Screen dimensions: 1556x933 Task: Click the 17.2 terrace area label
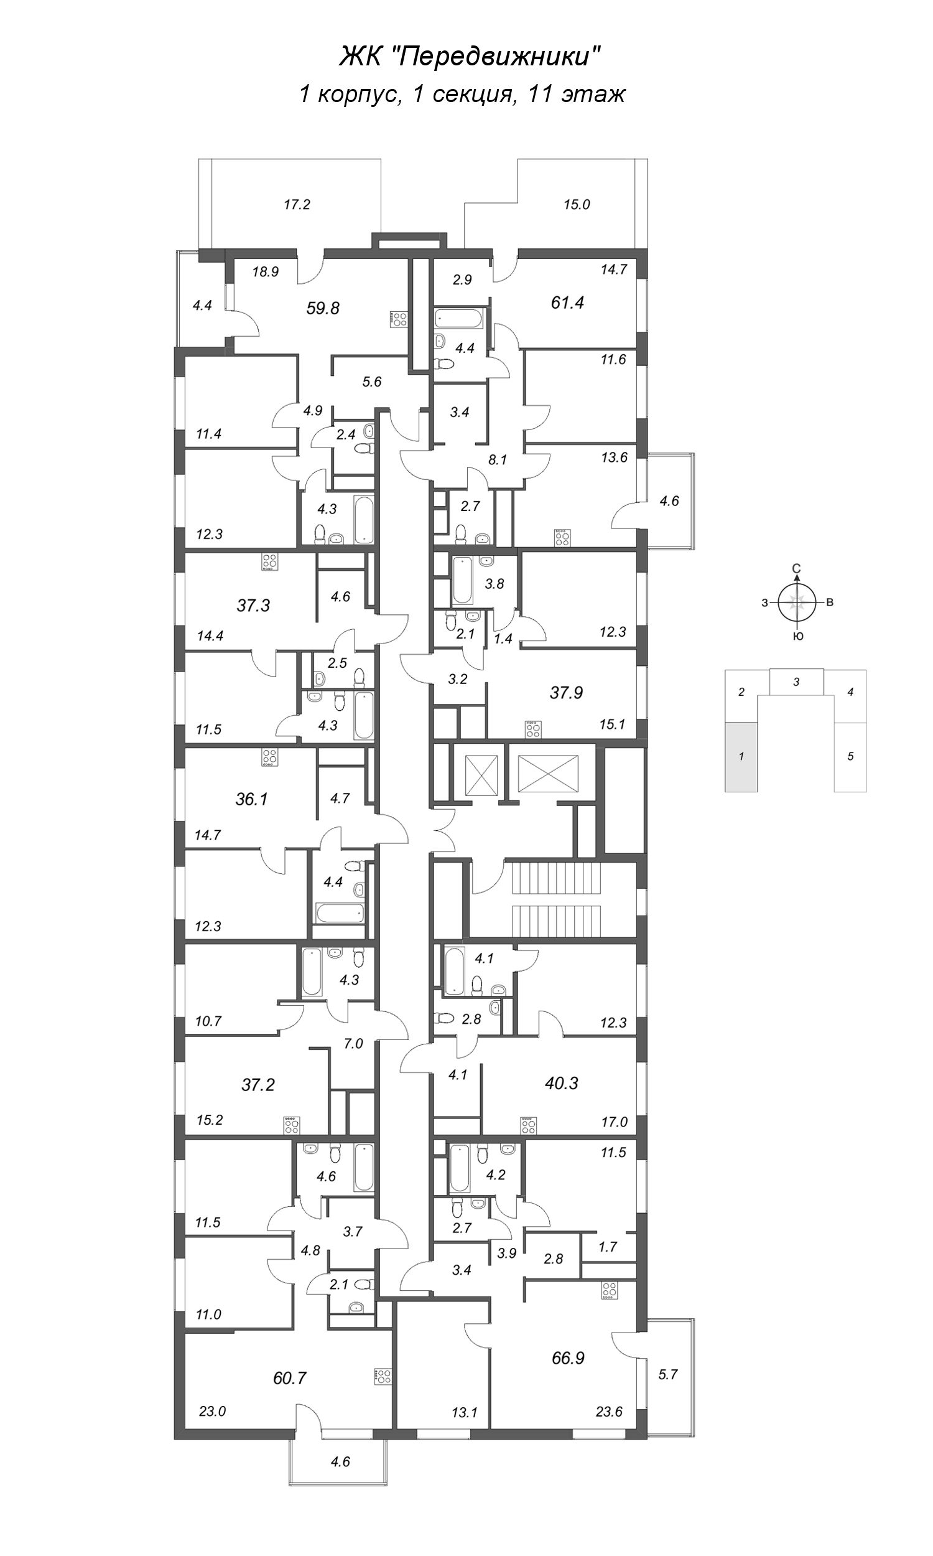pos(297,204)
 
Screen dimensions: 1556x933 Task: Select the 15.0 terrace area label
pos(577,204)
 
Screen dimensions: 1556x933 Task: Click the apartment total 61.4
pos(567,302)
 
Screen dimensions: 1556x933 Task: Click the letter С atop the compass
pos(797,569)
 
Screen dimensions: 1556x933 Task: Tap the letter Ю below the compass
pos(797,637)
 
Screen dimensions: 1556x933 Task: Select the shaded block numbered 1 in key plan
pos(741,757)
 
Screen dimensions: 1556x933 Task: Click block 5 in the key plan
pos(850,757)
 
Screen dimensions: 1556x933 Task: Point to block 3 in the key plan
pos(796,682)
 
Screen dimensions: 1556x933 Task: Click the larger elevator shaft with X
pos(547,771)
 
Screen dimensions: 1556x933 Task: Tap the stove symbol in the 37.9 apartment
pos(533,729)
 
